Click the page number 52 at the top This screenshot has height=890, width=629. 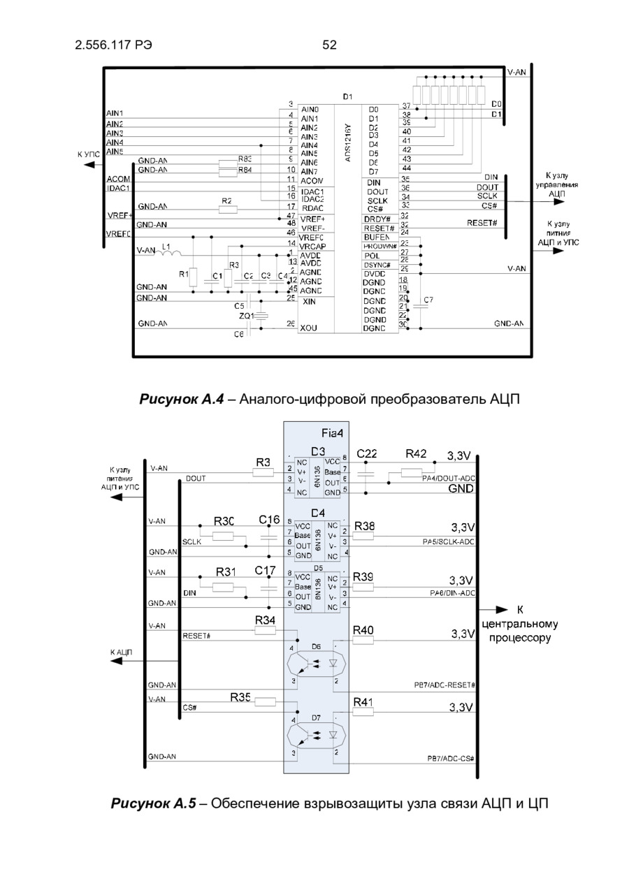point(329,45)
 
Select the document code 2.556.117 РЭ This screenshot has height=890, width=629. point(113,45)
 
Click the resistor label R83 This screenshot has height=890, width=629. point(245,159)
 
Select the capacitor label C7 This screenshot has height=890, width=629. point(428,300)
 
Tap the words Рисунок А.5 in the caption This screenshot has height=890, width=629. point(153,803)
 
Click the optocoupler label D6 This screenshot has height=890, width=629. point(316,647)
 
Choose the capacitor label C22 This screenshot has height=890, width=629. point(367,454)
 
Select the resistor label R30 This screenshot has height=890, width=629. point(224,520)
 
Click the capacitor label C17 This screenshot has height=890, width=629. point(265,571)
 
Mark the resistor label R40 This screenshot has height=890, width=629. point(363,630)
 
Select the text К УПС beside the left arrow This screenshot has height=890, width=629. point(89,153)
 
